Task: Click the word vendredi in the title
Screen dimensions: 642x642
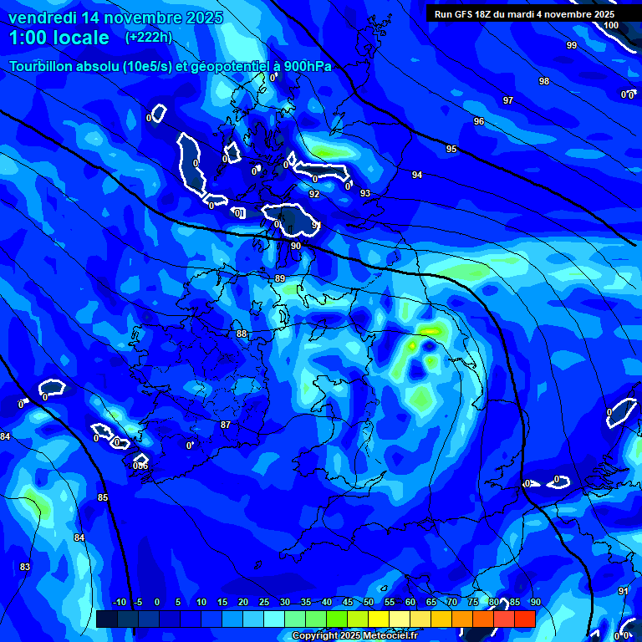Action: click(x=43, y=18)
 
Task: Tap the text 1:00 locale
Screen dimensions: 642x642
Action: click(x=59, y=38)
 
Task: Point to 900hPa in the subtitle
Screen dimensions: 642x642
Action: click(x=306, y=66)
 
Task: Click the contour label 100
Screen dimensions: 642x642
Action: click(x=611, y=25)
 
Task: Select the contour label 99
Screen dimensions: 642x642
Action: click(x=571, y=45)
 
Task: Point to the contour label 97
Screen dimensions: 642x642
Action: click(x=507, y=100)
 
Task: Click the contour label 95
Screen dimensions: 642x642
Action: click(x=451, y=149)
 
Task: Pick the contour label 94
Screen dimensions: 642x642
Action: click(x=416, y=175)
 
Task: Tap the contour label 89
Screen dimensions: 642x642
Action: click(x=280, y=278)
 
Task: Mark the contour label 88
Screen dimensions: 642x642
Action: click(x=242, y=334)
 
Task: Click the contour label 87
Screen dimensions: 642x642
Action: click(x=226, y=425)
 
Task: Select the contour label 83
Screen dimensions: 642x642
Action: click(x=25, y=568)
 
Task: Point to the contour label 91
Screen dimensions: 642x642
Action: click(x=623, y=591)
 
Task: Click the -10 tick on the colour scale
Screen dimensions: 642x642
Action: click(x=118, y=602)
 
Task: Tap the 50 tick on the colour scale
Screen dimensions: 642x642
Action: click(x=369, y=602)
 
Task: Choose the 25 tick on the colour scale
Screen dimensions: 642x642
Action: click(x=264, y=602)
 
